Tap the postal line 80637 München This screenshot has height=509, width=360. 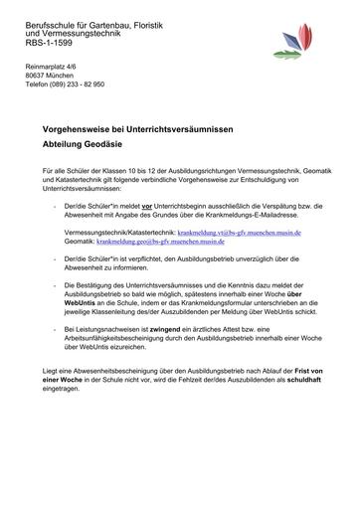pos(50,76)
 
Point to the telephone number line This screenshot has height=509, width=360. pos(65,85)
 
